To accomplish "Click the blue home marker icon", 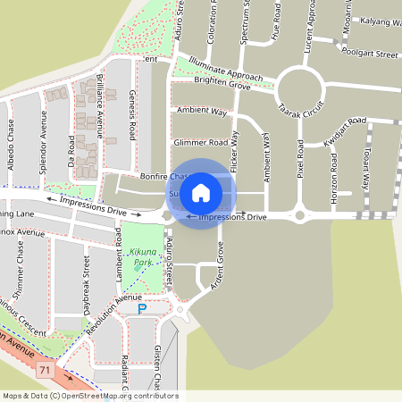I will (x=201, y=193).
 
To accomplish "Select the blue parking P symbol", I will (x=141, y=309).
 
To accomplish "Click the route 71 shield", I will (x=45, y=368).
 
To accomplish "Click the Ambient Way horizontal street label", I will (x=202, y=111).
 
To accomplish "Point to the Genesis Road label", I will (x=132, y=115).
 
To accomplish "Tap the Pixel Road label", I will (x=302, y=157).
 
